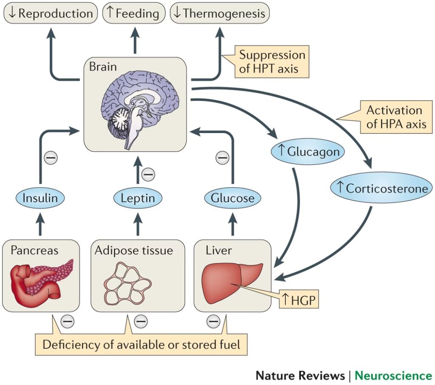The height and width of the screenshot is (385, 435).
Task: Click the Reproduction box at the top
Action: tap(50, 13)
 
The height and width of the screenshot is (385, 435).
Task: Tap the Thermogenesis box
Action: tap(219, 13)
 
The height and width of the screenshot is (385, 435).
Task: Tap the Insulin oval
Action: tap(40, 198)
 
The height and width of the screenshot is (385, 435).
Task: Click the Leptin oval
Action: tap(137, 198)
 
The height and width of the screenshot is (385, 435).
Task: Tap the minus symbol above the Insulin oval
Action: tap(51, 158)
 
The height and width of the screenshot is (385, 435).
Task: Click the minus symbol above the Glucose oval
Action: tap(222, 158)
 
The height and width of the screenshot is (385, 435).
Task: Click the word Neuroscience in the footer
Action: tap(393, 376)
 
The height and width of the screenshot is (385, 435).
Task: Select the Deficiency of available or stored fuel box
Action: tap(141, 344)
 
